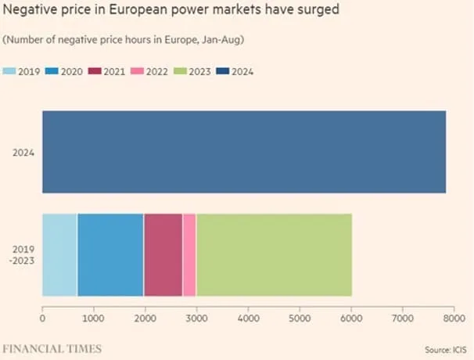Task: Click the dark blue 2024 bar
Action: coord(244,152)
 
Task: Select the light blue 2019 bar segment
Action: coord(60,255)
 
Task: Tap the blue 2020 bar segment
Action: coord(110,255)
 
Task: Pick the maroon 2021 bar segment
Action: coord(163,255)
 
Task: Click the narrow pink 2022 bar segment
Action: coord(189,255)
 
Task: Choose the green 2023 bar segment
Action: coord(275,255)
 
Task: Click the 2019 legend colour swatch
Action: coord(9,71)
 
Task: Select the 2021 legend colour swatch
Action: coord(95,71)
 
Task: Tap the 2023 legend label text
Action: coord(199,72)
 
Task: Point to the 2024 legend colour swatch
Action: coord(223,71)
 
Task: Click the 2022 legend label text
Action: coord(157,72)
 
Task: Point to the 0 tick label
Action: coord(42,318)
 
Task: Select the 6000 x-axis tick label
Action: coord(351,318)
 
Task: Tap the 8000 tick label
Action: coord(454,318)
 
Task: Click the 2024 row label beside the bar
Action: coord(23,153)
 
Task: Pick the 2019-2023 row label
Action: coord(22,255)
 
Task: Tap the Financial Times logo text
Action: coord(52,349)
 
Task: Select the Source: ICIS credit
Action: coord(446,350)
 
